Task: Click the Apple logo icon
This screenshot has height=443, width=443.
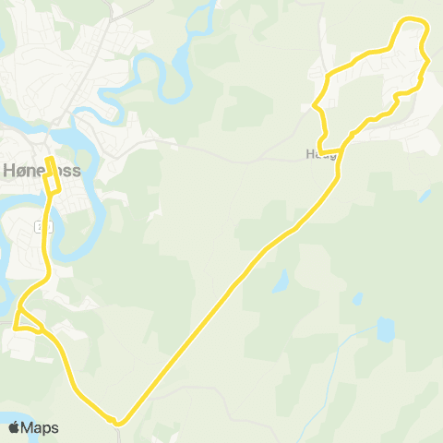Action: [14, 427]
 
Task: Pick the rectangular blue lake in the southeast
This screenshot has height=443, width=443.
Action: [386, 329]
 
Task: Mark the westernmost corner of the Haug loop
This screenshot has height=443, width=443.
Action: [315, 107]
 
